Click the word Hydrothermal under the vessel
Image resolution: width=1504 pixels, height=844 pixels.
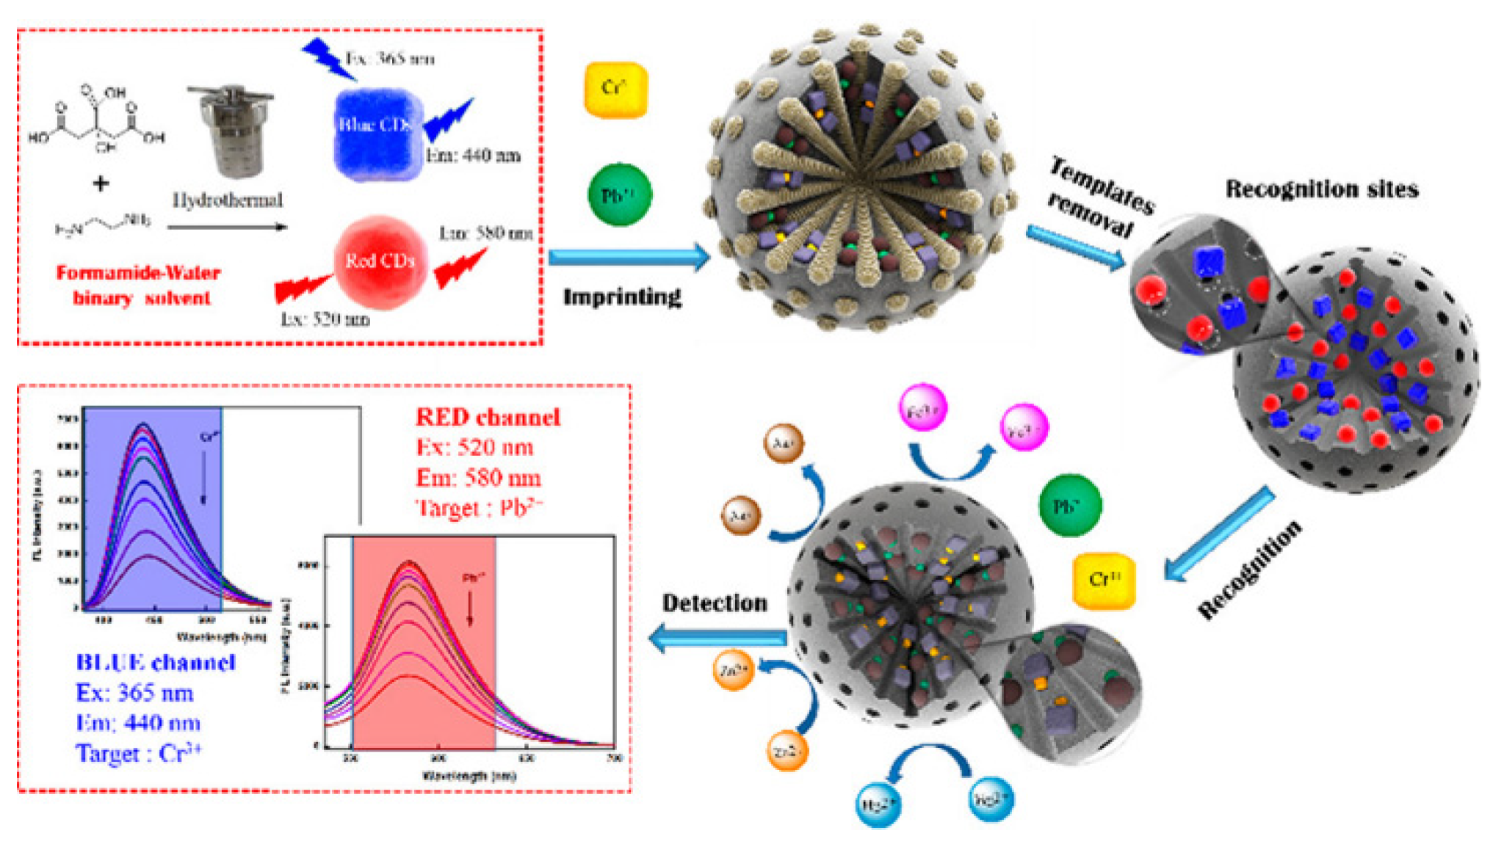(x=228, y=200)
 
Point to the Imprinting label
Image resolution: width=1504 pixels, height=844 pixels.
(x=622, y=297)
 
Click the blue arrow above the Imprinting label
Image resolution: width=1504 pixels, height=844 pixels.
(x=628, y=257)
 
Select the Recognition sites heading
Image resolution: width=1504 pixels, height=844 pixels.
(x=1321, y=189)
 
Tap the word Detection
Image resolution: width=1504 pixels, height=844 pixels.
(x=715, y=603)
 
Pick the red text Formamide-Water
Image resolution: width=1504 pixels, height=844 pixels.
(x=138, y=274)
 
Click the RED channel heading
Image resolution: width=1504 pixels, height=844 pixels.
(x=488, y=418)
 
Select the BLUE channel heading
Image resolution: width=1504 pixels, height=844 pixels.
(x=156, y=663)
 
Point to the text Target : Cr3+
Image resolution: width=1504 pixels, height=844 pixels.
(x=139, y=754)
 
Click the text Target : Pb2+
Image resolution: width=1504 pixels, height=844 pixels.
(x=479, y=508)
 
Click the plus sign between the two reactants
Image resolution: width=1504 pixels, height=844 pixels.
(x=101, y=183)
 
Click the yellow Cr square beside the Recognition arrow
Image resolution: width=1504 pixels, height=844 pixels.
(x=1104, y=580)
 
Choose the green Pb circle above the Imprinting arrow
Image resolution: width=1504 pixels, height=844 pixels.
(x=619, y=195)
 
